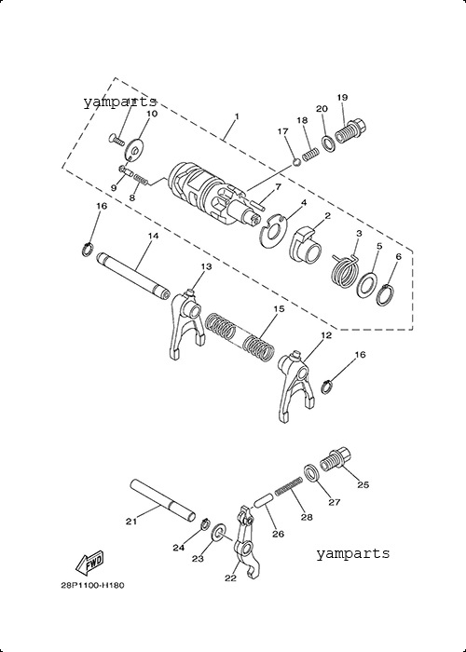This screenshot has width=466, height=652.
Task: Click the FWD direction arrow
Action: point(89,563)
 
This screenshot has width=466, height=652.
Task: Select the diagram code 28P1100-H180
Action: point(92,586)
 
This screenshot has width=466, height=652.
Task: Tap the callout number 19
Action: point(342,97)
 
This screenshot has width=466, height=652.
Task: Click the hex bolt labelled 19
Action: point(350,131)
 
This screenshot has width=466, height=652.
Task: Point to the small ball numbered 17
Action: point(296,162)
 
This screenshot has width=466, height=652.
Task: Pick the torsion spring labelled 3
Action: point(345,271)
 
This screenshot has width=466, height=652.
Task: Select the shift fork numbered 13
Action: point(186,324)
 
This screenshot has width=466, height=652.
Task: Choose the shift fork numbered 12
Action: point(295,384)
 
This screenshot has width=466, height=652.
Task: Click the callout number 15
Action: point(279,309)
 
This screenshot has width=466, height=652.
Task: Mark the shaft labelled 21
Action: point(162,501)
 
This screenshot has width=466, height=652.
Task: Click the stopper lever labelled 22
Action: point(249,541)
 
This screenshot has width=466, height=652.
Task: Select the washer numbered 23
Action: point(218,533)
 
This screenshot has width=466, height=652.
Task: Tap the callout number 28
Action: point(307,517)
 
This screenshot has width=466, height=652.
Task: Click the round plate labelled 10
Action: point(134,148)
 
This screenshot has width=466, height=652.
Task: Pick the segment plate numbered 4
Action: point(273,230)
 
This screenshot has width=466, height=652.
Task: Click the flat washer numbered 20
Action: point(329,143)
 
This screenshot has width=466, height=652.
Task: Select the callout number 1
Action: point(237,116)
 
